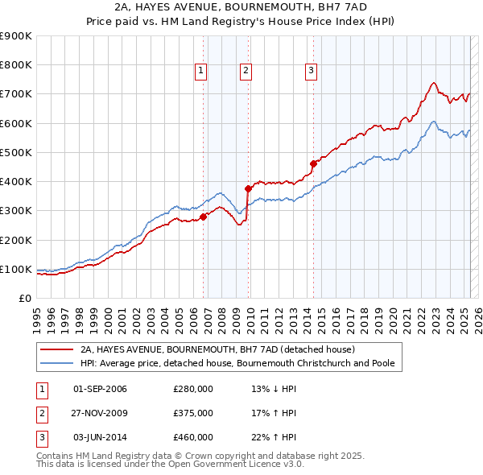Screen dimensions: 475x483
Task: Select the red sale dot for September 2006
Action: click(x=203, y=216)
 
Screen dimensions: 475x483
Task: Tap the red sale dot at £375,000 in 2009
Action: click(x=249, y=188)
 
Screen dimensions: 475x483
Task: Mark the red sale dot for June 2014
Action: click(x=312, y=163)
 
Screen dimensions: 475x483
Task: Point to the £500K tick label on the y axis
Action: click(x=15, y=152)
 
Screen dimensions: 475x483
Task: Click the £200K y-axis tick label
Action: click(x=15, y=240)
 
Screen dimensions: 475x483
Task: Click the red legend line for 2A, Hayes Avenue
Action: click(x=57, y=350)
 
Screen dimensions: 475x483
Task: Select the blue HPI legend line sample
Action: click(x=57, y=363)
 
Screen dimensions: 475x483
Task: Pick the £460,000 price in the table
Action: click(x=193, y=437)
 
